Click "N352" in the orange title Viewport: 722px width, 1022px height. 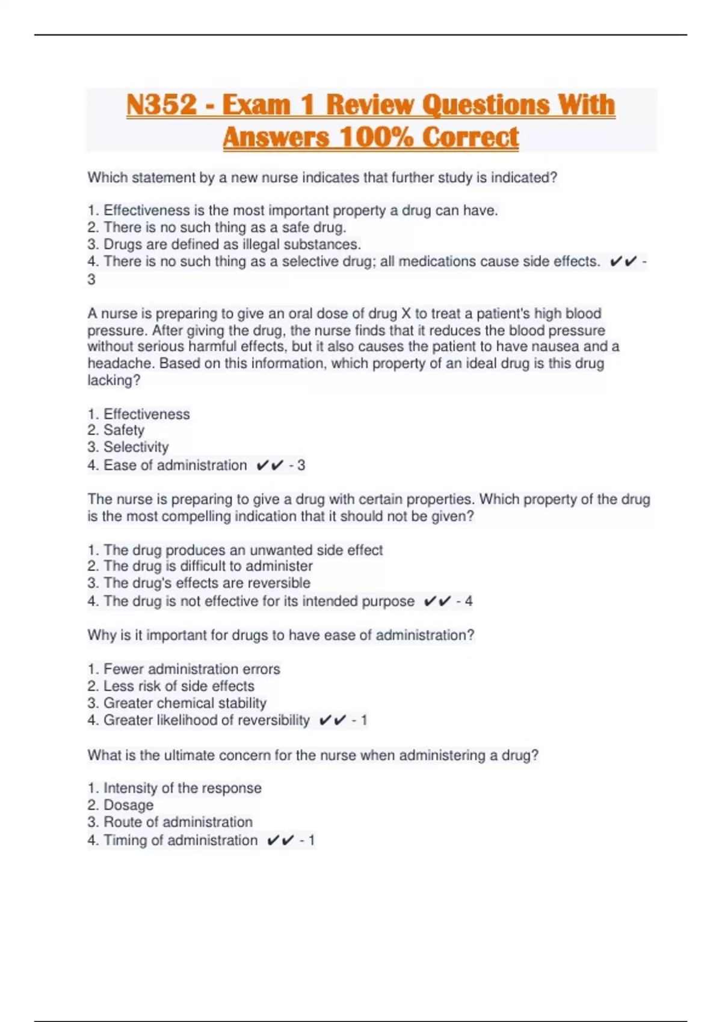161,105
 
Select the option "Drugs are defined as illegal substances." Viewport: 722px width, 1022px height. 232,245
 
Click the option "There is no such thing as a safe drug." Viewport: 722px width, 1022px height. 224,228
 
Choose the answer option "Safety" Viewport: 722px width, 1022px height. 123,430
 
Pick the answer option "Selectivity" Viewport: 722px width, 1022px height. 135,447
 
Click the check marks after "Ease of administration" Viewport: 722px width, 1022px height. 270,465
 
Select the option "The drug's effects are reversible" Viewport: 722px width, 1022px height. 206,583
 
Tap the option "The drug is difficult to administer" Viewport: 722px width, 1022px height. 208,566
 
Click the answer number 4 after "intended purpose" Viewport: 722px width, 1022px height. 469,601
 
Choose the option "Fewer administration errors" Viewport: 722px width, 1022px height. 191,669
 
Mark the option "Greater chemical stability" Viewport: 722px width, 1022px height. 185,703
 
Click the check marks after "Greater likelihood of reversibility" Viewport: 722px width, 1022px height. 333,720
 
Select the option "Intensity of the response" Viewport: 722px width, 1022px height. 182,788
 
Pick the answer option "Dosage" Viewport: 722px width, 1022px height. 128,805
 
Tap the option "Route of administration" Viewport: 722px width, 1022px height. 177,822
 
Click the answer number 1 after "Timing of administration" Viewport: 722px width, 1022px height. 311,840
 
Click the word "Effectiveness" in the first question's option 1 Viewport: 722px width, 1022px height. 146,211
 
